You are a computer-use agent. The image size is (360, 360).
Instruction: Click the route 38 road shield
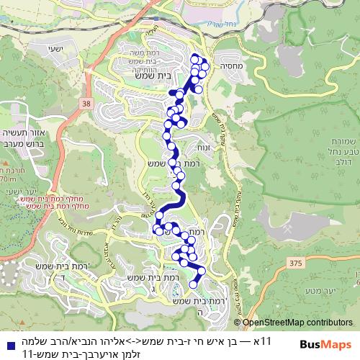click(x=87, y=105)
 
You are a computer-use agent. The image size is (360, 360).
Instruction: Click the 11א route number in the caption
click(x=264, y=338)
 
